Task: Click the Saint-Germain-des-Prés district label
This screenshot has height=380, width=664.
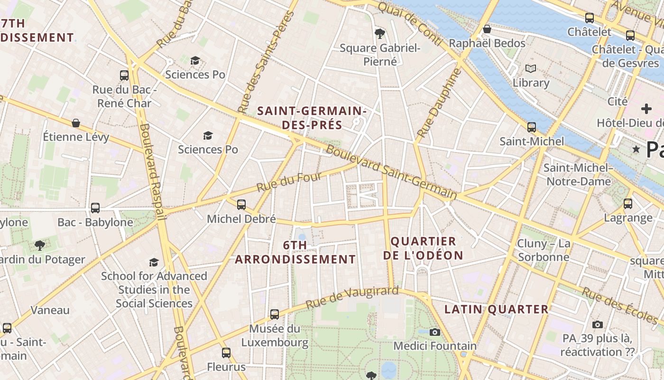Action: (x=312, y=118)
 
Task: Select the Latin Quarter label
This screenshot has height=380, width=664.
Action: (x=496, y=309)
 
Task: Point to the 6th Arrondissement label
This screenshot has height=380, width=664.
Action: (x=295, y=252)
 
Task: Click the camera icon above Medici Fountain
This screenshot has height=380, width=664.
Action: (x=434, y=332)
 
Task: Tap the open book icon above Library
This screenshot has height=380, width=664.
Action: (x=530, y=69)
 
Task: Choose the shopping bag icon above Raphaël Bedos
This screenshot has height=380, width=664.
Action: (x=487, y=29)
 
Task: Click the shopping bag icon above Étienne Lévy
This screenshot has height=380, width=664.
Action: (x=76, y=123)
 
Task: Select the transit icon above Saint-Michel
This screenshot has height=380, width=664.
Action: (x=532, y=127)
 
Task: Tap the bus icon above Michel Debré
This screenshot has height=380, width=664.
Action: (x=241, y=205)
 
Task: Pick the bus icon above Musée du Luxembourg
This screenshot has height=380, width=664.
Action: (x=275, y=314)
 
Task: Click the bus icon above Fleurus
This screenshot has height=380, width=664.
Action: (x=226, y=353)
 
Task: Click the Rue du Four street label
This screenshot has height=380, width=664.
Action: (x=289, y=182)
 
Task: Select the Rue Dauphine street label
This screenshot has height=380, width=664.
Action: (x=439, y=104)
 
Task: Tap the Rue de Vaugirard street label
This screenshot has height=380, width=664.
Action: (x=351, y=297)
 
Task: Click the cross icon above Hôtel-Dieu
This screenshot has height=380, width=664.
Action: (x=646, y=108)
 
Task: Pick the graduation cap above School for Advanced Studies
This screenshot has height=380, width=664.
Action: (x=154, y=262)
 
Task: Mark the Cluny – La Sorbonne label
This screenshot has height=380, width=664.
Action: (x=544, y=250)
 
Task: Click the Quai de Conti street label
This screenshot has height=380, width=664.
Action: (x=411, y=22)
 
